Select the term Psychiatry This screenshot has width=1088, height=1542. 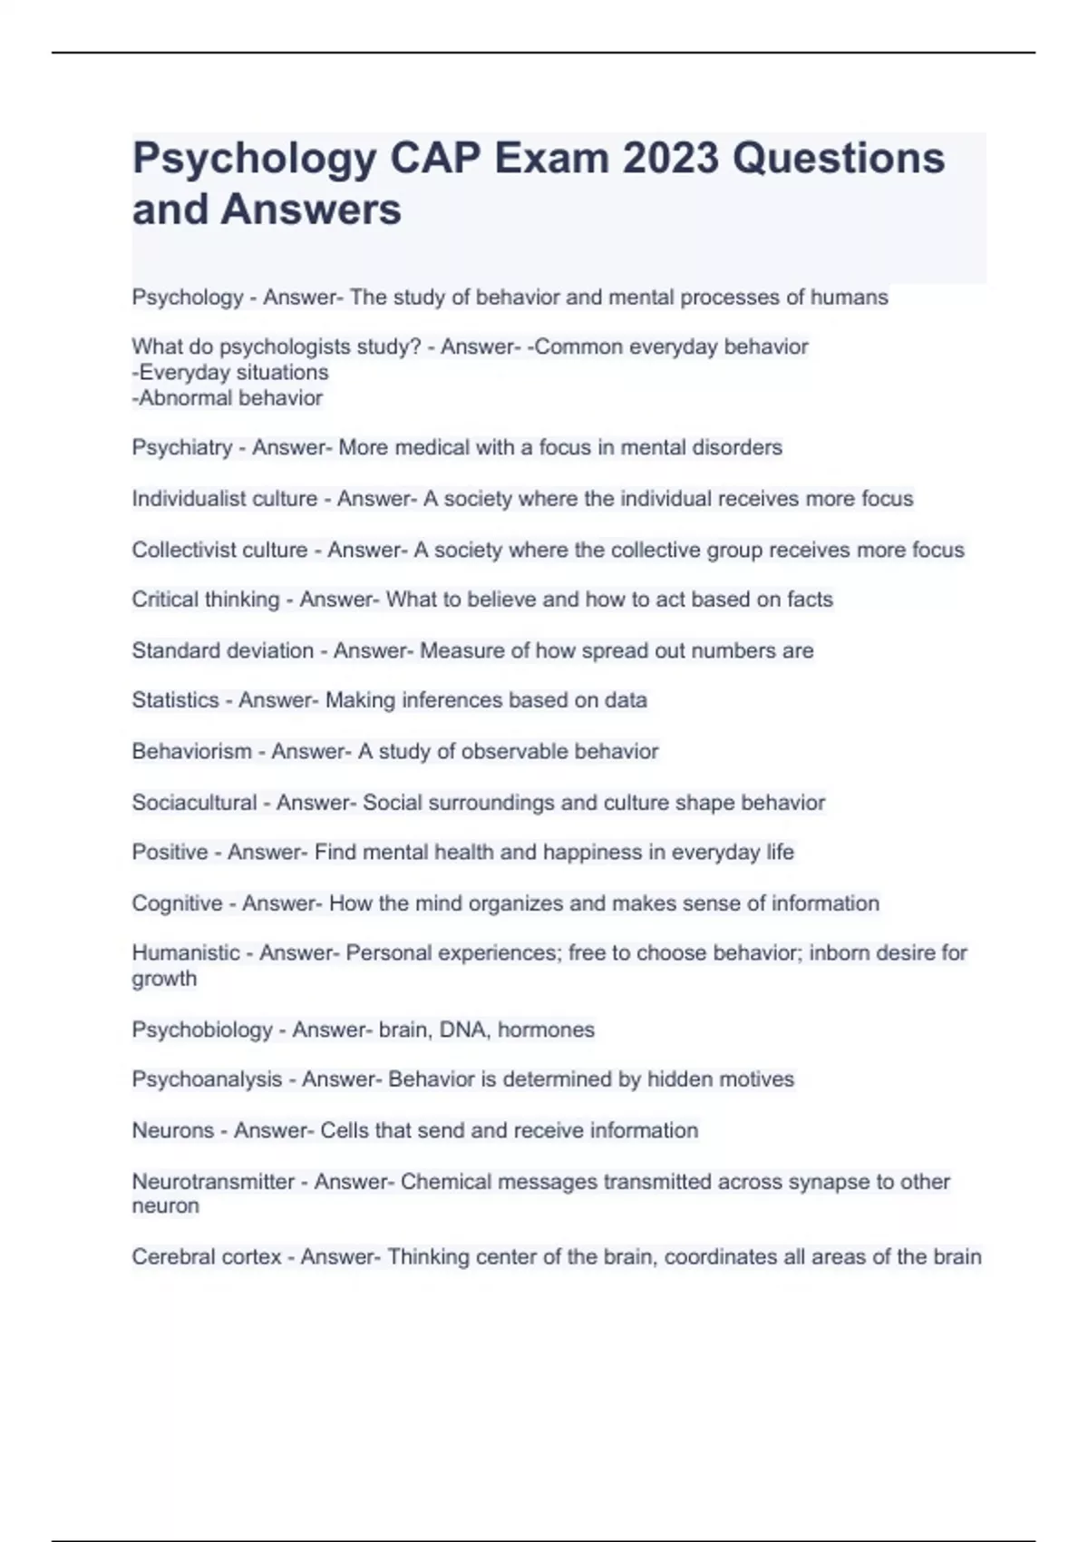point(181,447)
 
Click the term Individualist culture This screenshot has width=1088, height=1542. point(224,499)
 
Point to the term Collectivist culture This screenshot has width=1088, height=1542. point(219,550)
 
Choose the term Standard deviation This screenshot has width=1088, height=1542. point(222,650)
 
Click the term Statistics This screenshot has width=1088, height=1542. point(175,700)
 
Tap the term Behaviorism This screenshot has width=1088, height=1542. point(191,751)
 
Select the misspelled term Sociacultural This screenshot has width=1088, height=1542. point(194,803)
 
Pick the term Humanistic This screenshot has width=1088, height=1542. point(185,953)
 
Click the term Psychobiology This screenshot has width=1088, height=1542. point(201,1030)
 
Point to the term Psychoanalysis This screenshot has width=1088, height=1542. point(207,1079)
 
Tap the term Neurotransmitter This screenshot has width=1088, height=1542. point(213,1182)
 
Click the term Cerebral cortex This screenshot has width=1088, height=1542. point(206,1257)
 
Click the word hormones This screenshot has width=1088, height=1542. point(546,1030)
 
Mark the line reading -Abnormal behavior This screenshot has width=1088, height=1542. point(228,398)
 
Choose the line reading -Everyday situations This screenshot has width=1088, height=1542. point(230,373)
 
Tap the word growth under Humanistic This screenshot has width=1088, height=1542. point(164,979)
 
